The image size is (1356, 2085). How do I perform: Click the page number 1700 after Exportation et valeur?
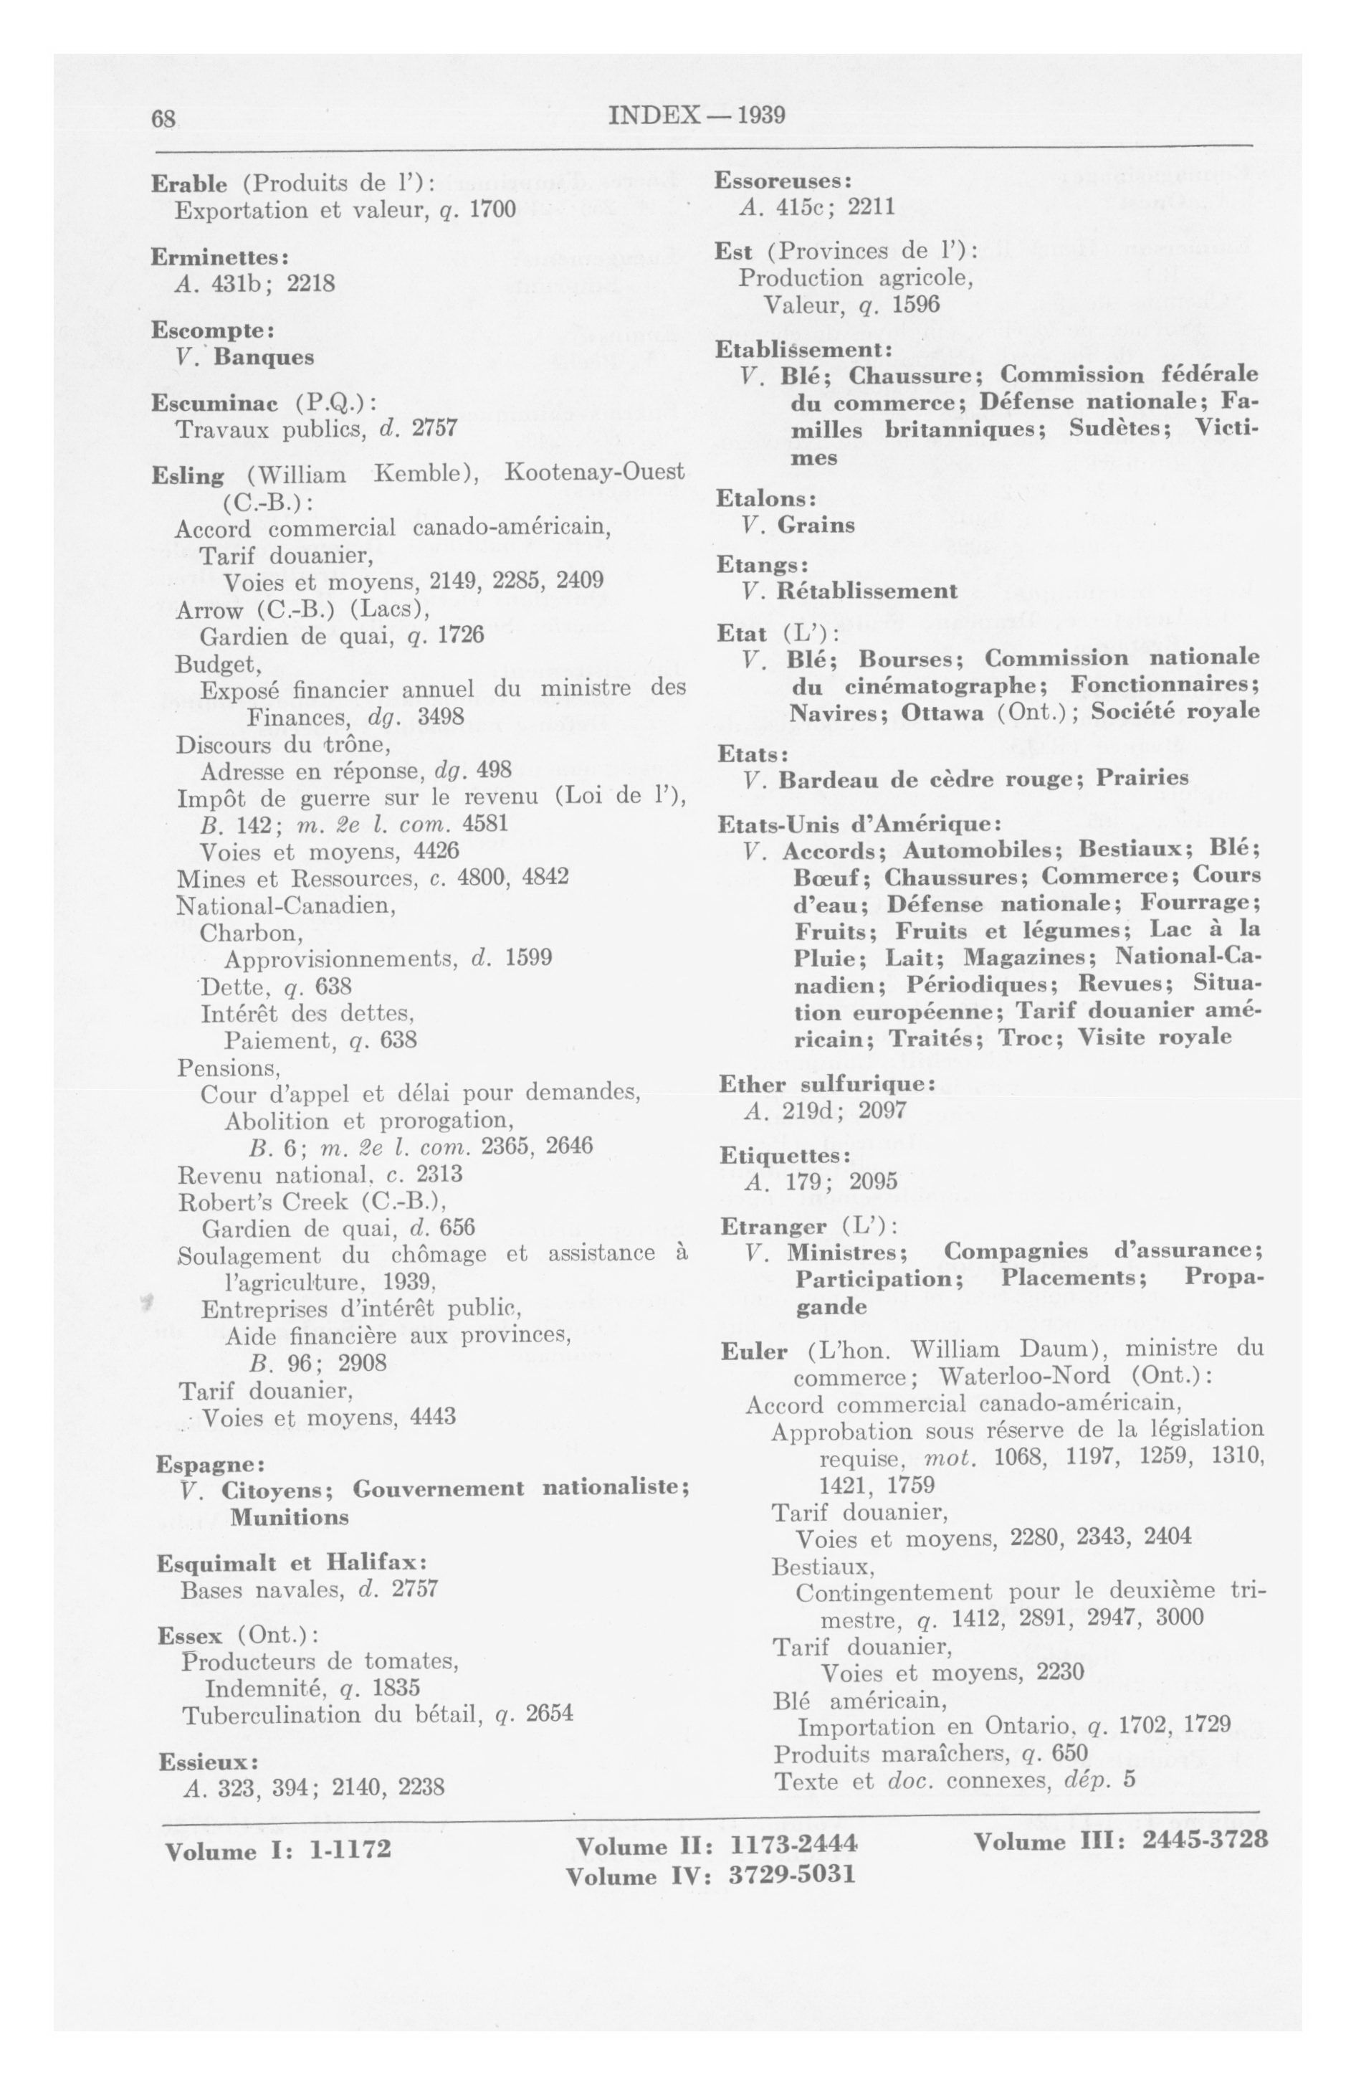(x=492, y=210)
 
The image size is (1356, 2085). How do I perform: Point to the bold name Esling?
(x=188, y=475)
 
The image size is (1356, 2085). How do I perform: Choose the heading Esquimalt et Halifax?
(x=291, y=1563)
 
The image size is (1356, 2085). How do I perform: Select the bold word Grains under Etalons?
(x=816, y=525)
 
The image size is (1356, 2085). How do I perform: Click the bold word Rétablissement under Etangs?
(x=866, y=591)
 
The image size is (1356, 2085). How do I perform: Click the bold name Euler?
(x=753, y=1351)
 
